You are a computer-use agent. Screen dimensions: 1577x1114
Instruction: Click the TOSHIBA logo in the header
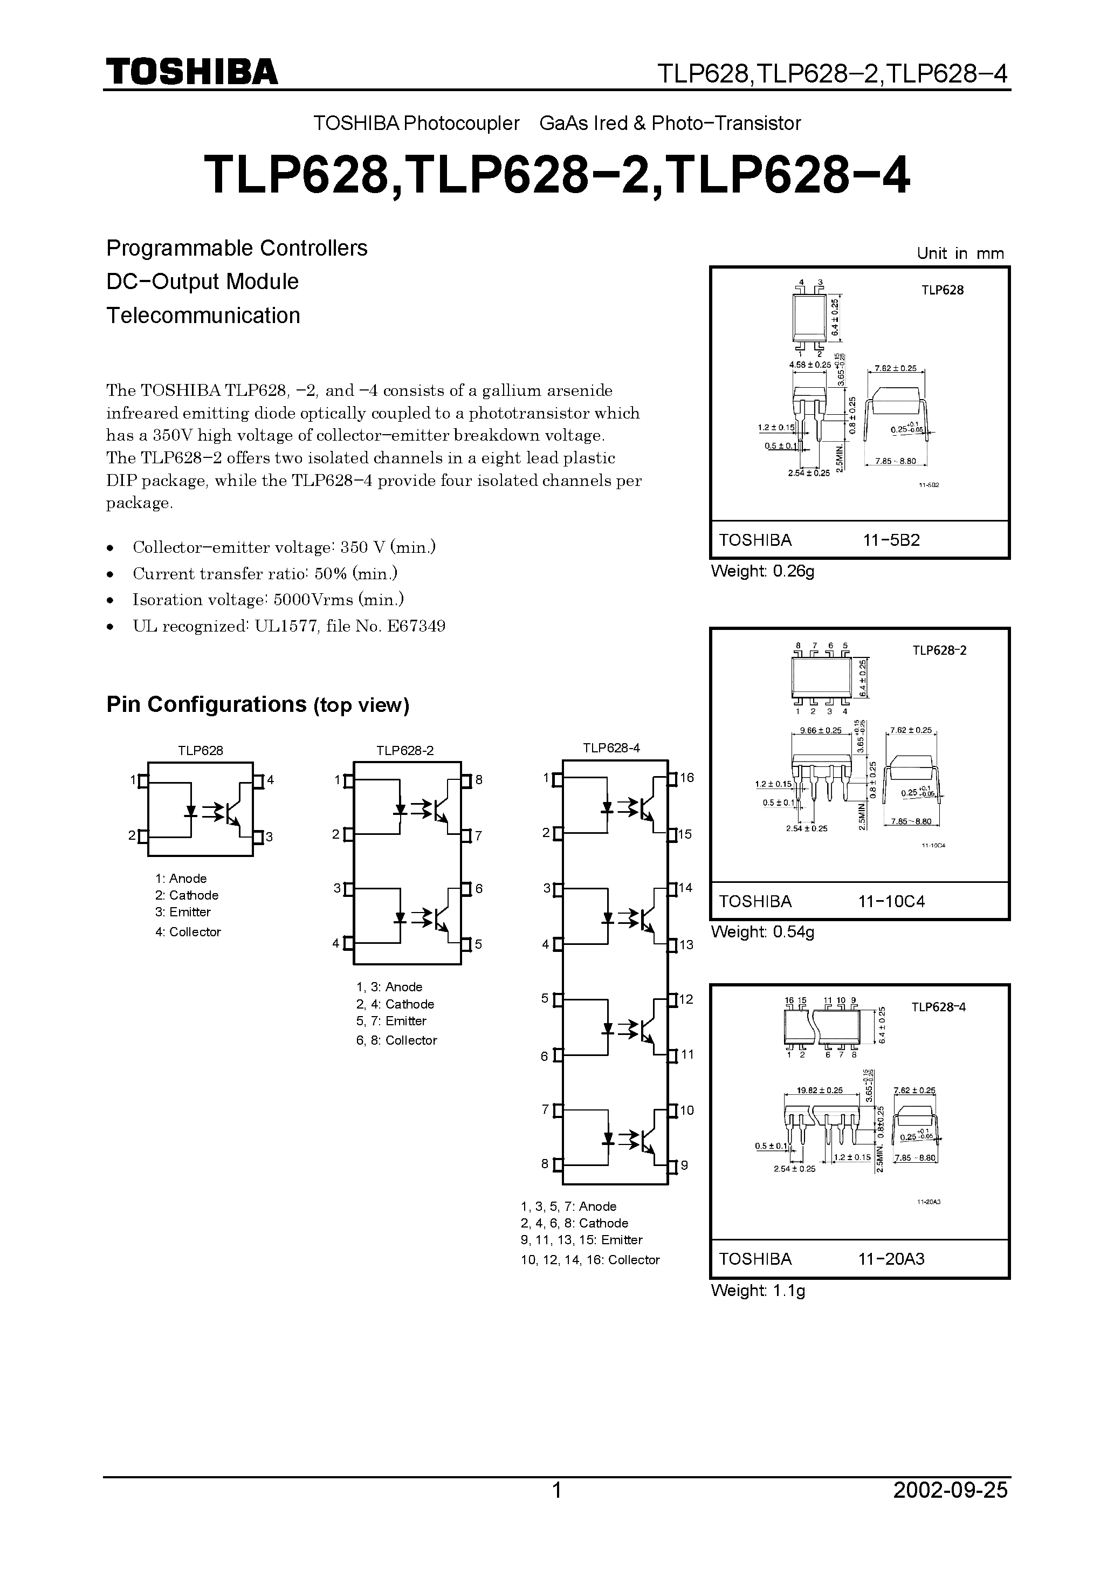(191, 71)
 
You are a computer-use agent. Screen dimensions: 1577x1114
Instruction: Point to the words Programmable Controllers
(236, 248)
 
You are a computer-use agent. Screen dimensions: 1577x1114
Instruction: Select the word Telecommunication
(203, 316)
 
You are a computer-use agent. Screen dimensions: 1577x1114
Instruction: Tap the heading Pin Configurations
(206, 705)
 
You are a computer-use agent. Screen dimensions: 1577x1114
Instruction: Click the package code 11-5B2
(891, 540)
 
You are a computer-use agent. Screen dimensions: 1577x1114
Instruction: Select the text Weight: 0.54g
(762, 932)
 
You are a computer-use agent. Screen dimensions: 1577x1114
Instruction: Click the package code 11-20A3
(891, 1259)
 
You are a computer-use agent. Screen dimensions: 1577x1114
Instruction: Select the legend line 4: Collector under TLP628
(188, 932)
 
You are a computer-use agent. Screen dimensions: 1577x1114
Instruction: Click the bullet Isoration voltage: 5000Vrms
(268, 600)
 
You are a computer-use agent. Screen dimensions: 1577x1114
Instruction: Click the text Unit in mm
(959, 253)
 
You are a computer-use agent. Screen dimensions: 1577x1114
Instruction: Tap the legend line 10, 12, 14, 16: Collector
(589, 1260)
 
